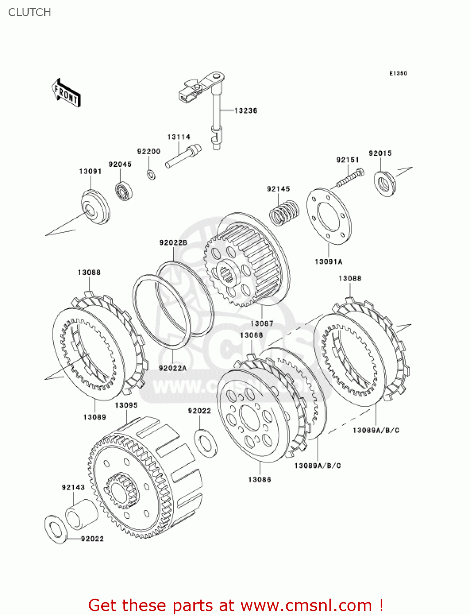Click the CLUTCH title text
(x=30, y=12)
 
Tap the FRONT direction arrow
(x=66, y=93)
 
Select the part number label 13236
(x=245, y=111)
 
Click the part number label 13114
(x=179, y=137)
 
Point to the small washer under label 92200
(x=151, y=175)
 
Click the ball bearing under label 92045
(x=123, y=191)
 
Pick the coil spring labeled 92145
(x=284, y=212)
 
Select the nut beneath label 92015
(x=384, y=183)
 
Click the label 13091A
(x=328, y=262)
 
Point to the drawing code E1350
(x=398, y=73)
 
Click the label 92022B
(x=173, y=243)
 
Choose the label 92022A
(x=173, y=368)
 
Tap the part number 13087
(x=261, y=323)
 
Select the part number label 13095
(x=126, y=405)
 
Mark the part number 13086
(x=259, y=479)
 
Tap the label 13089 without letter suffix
(x=95, y=417)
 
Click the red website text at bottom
(x=236, y=605)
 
